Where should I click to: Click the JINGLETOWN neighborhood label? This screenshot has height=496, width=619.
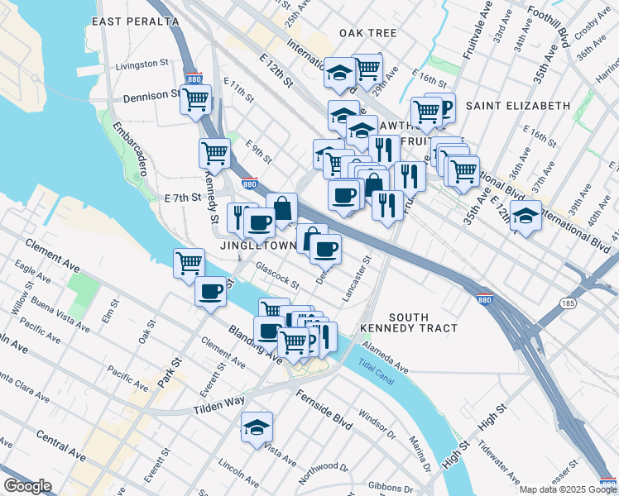coord(257,246)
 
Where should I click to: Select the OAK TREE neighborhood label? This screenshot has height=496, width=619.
coord(367,33)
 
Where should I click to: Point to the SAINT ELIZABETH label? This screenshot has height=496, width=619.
coord(518,106)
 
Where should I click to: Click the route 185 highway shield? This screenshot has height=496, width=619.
coord(569,303)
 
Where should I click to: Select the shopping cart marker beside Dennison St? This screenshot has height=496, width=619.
coord(195,100)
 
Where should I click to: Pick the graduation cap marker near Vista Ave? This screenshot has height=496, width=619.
coord(257,427)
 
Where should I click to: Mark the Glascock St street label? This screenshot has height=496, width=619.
coord(277,275)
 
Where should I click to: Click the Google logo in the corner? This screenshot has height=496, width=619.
coord(27,486)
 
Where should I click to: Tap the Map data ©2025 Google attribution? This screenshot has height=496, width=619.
coord(567,489)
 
